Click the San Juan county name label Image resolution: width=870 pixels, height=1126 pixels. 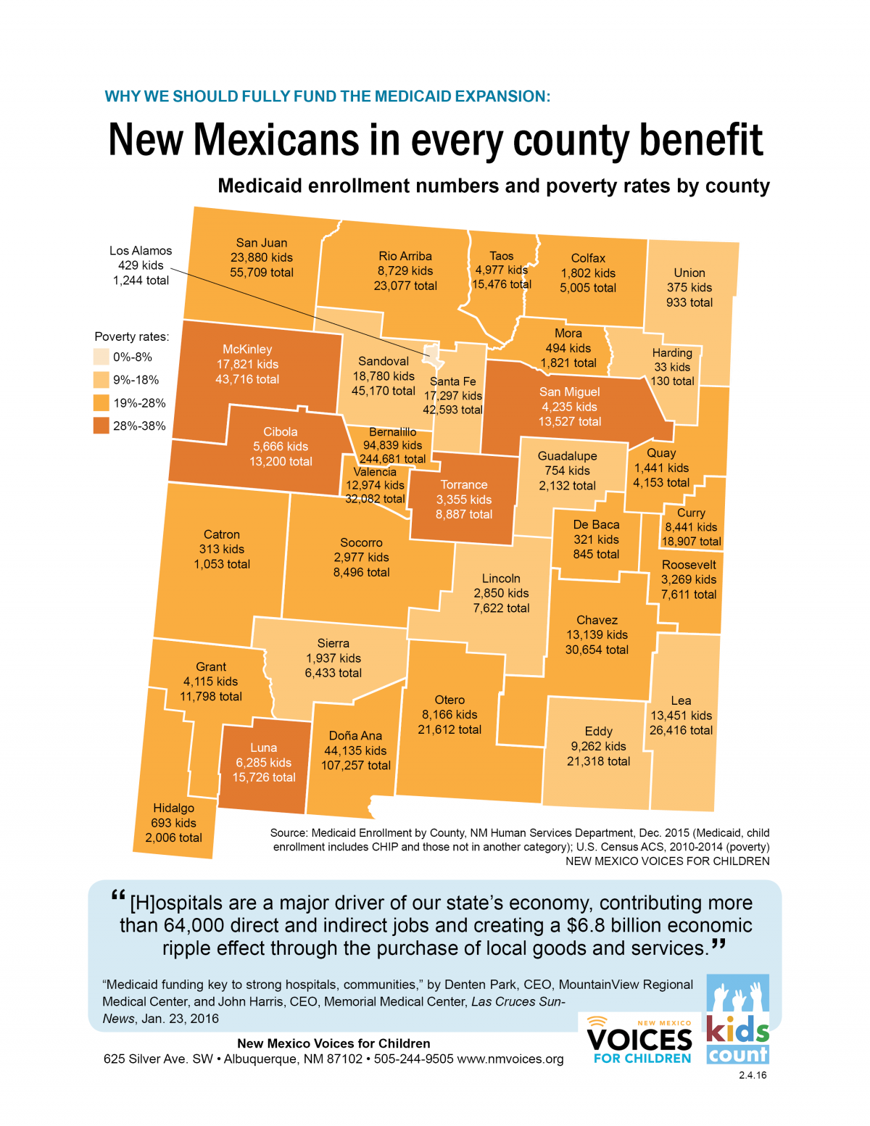pyautogui.click(x=261, y=243)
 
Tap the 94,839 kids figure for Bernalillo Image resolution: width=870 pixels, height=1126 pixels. pyautogui.click(x=392, y=445)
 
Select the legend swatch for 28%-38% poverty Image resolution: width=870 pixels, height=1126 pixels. pyautogui.click(x=101, y=426)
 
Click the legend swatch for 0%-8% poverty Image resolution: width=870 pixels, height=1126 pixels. pyautogui.click(x=101, y=357)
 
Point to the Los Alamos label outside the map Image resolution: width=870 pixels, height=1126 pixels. pyautogui.click(x=141, y=251)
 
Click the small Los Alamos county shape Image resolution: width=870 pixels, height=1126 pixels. pyautogui.click(x=433, y=354)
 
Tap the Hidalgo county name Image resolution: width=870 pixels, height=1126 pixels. pyautogui.click(x=173, y=808)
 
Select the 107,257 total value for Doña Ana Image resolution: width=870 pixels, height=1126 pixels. pyautogui.click(x=355, y=766)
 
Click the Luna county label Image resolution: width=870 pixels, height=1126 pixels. pyautogui.click(x=263, y=748)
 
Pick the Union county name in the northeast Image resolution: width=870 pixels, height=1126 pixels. pyautogui.click(x=689, y=273)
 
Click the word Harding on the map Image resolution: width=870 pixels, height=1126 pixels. pyautogui.click(x=672, y=353)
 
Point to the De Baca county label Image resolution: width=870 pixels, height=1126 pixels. pyautogui.click(x=596, y=524)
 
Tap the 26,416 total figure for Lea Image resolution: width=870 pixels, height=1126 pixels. pyautogui.click(x=681, y=730)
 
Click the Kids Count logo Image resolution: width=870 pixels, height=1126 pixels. pyautogui.click(x=737, y=1019)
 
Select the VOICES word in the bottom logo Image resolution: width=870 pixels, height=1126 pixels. pyautogui.click(x=639, y=1040)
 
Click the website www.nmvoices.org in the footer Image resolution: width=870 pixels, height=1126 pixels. pyautogui.click(x=510, y=1059)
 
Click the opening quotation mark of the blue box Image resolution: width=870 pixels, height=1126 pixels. pyautogui.click(x=118, y=896)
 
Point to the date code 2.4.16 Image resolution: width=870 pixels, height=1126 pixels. pyautogui.click(x=753, y=1075)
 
